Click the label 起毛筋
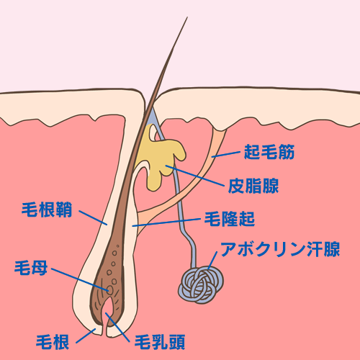269,152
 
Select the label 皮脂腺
253,186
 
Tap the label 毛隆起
230,219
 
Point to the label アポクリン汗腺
280,249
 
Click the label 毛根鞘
47,210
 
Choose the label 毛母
31,268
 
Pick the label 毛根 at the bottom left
53,342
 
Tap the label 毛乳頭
160,342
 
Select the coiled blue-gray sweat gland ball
201,285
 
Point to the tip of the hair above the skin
187,17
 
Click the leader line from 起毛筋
226,155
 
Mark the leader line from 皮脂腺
194,176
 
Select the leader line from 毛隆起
166,222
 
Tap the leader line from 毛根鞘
93,218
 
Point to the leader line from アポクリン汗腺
212,261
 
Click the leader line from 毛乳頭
117,327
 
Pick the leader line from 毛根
86,336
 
